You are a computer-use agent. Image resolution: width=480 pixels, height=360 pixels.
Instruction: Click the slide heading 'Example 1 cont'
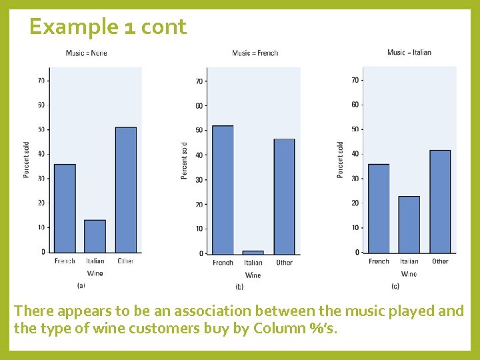click(108, 27)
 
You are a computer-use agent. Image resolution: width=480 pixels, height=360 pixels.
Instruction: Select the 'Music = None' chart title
click(86, 53)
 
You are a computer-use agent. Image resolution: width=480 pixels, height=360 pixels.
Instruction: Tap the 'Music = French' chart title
click(255, 53)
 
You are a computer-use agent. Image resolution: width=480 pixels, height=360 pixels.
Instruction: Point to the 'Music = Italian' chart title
click(409, 53)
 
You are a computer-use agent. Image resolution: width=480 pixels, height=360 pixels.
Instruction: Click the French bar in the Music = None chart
click(65, 208)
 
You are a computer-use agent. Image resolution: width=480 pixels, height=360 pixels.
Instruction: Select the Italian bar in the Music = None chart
click(95, 236)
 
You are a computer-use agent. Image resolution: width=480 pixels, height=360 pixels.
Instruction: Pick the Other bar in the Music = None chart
click(125, 190)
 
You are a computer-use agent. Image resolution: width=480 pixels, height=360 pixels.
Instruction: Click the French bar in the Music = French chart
click(223, 190)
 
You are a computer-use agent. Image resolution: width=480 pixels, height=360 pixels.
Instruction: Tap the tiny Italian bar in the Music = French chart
click(253, 252)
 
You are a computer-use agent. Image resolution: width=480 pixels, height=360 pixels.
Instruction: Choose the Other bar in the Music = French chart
click(284, 196)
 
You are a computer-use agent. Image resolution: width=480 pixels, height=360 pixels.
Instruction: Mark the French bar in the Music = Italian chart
click(379, 208)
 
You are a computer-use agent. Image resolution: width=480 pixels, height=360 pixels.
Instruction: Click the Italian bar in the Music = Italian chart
click(409, 224)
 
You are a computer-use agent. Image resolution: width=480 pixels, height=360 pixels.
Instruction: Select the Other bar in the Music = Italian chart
click(440, 201)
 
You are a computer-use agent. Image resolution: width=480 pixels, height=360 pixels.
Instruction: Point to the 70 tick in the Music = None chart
click(41, 81)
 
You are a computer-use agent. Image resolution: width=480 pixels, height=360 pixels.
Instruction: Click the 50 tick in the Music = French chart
click(199, 130)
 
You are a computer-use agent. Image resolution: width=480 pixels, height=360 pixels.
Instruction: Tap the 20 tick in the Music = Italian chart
click(355, 203)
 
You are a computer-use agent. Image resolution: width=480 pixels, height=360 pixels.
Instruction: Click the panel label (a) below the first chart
click(81, 285)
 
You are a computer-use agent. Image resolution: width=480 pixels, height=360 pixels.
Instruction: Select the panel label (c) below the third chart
click(395, 285)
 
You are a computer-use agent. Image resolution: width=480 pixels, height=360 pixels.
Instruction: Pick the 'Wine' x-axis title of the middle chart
click(253, 275)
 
